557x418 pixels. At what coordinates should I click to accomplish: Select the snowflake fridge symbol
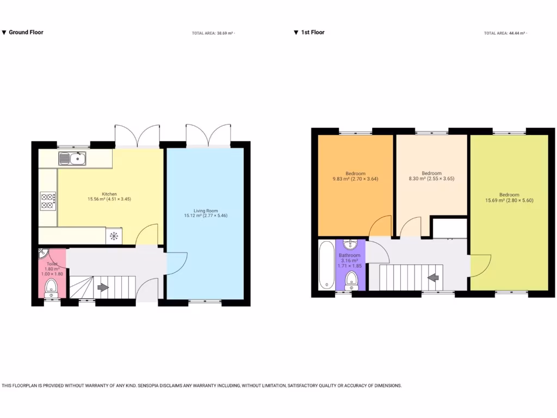[x=114, y=236]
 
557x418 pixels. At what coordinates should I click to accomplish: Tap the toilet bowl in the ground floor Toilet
[x=52, y=287]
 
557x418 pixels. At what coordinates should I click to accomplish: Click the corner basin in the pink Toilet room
[x=44, y=254]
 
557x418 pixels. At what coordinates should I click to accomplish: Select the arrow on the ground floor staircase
[x=102, y=286]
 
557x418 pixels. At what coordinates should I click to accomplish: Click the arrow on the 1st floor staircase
[x=434, y=278]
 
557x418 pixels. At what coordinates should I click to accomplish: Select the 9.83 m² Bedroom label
[x=355, y=176]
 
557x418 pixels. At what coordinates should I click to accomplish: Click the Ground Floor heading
[x=26, y=32]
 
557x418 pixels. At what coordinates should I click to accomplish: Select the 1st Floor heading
[x=312, y=32]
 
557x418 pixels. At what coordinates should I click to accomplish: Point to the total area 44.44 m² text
[x=504, y=33]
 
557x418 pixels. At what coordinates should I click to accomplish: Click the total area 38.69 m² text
[x=212, y=33]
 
